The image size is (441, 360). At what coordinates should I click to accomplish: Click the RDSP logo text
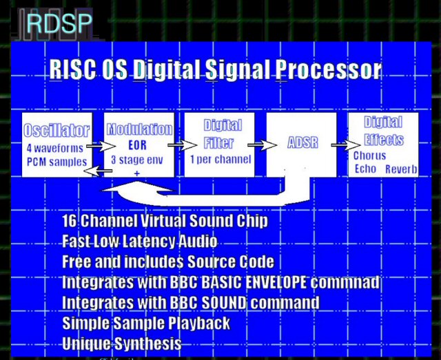click(x=59, y=23)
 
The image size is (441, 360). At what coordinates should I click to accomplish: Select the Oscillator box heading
click(x=57, y=131)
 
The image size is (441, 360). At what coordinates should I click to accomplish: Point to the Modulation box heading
click(x=139, y=129)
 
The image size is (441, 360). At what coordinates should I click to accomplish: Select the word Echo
click(x=365, y=169)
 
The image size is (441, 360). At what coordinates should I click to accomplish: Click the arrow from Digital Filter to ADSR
click(x=259, y=145)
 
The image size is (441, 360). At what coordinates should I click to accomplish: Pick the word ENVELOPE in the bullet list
click(x=271, y=282)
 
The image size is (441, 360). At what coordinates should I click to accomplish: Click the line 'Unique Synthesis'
click(x=121, y=343)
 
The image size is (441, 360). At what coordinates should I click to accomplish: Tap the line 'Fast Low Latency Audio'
click(x=139, y=242)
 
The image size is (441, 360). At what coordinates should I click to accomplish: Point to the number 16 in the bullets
click(x=69, y=222)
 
